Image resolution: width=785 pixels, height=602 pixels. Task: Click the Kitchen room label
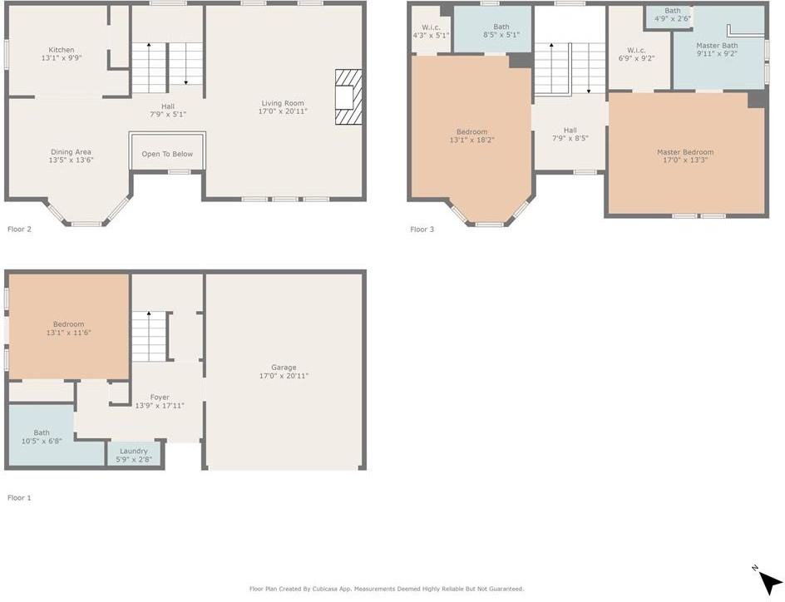pos(61,50)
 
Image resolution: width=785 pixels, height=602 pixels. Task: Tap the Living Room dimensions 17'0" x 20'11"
pos(283,111)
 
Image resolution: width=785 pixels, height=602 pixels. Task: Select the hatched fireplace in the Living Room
pos(348,96)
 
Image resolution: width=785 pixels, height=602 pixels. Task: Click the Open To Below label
pos(167,154)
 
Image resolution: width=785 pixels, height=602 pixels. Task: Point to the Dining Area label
pos(71,152)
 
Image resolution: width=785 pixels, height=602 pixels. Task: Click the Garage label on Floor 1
pos(284,368)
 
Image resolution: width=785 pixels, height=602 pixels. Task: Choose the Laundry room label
pos(133,451)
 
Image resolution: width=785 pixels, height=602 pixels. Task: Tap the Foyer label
pos(160,397)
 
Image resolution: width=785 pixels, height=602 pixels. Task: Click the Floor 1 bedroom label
pos(68,324)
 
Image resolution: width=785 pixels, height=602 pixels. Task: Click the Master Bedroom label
pos(684,152)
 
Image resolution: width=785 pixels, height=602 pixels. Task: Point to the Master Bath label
pos(716,45)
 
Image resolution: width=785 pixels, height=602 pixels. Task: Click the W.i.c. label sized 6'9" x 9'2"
pos(636,50)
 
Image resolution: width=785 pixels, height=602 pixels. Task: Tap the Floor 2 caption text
pos(19,229)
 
